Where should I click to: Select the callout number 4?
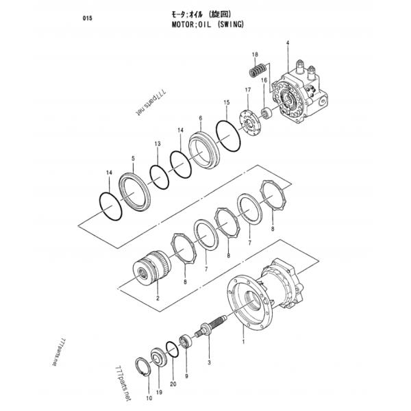tap(288, 45)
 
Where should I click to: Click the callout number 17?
tap(247, 90)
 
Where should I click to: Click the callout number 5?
tap(133, 158)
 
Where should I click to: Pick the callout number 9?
tap(186, 375)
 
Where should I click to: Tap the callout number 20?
tap(173, 384)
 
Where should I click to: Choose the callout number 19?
tap(159, 392)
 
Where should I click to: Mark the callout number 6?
tap(200, 118)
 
